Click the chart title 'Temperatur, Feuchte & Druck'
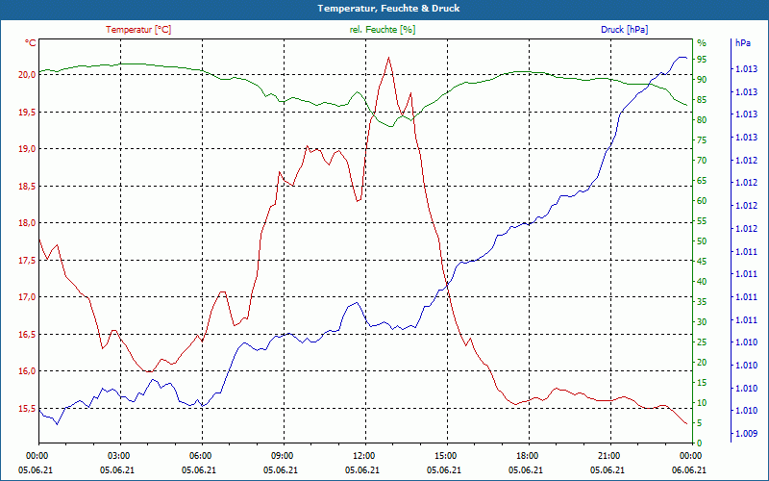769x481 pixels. tap(384, 9)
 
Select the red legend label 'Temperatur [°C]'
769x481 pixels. tap(138, 30)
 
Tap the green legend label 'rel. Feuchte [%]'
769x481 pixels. tap(383, 30)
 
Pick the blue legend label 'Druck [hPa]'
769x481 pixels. tap(625, 30)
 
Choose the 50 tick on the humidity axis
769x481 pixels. tap(702, 241)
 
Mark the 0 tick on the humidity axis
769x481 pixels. tap(700, 443)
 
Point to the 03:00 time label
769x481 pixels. tap(119, 456)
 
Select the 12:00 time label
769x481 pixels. tap(363, 456)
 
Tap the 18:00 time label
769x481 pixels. tap(527, 456)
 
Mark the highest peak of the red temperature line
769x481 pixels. tap(388, 58)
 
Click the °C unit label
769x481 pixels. tap(31, 43)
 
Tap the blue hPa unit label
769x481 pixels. tap(742, 43)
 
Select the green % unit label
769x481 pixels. tap(701, 43)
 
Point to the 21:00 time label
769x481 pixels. tap(608, 456)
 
